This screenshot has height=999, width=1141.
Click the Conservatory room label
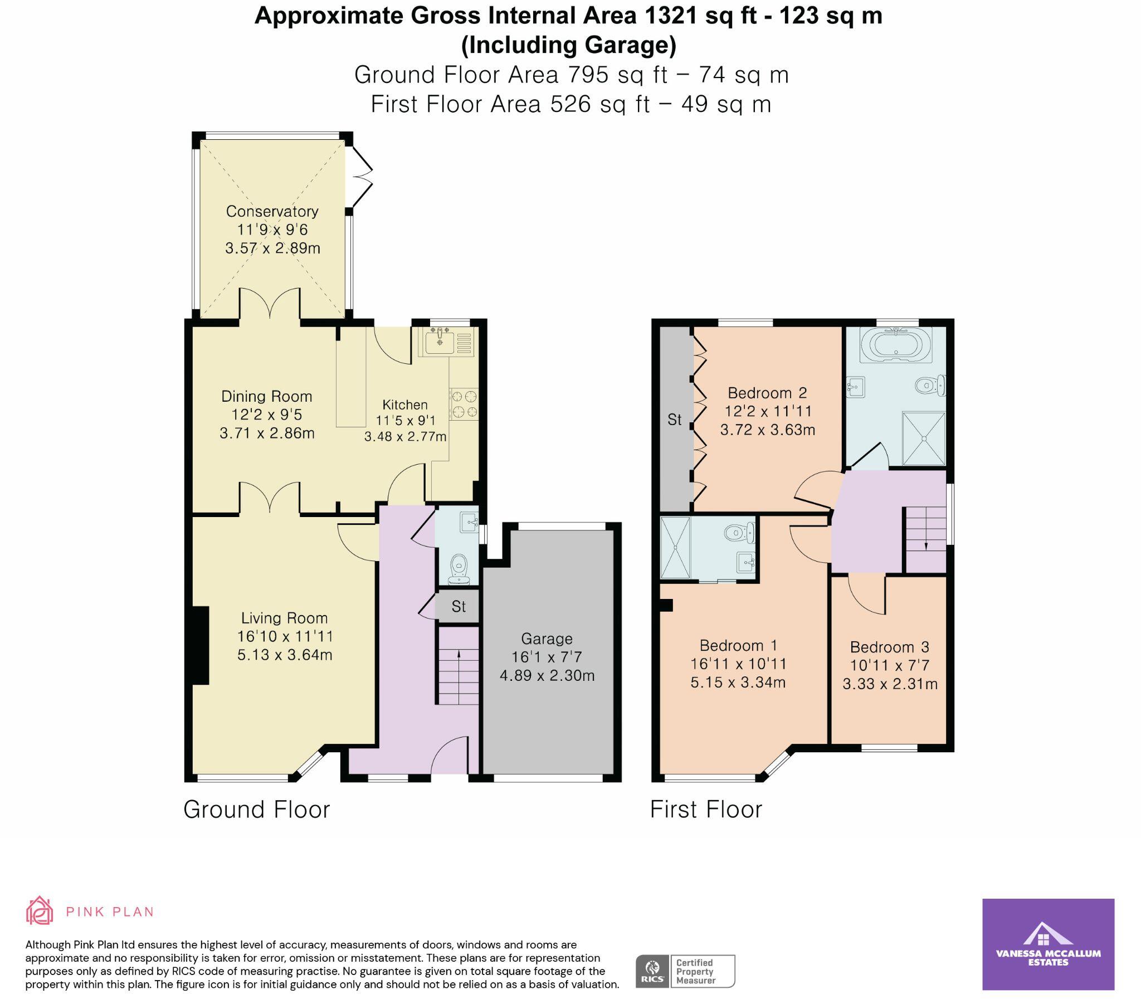pos(272,211)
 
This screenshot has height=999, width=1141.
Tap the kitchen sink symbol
pos(440,341)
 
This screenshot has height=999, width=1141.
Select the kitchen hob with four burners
pos(464,404)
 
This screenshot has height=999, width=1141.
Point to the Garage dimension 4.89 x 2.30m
pos(547,676)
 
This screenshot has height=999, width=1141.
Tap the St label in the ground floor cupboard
pos(458,607)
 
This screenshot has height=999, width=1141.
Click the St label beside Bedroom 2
pos(674,420)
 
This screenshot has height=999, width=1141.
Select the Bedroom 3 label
pos(889,647)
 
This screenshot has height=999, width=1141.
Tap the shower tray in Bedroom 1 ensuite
pos(675,548)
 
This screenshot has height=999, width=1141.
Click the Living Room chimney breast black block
pos(200,645)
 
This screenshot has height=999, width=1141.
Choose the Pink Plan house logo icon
pos(40,911)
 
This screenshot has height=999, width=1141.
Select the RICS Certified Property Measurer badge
pos(685,971)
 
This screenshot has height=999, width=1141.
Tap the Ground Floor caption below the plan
pos(256,810)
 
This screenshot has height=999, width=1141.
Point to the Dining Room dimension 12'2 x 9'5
pos(266,415)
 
